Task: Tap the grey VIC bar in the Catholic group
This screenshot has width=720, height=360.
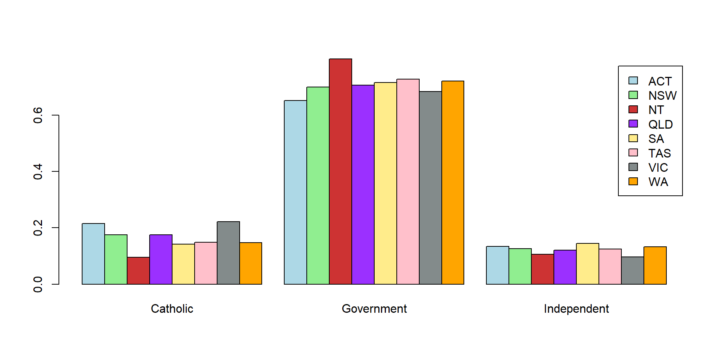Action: click(x=228, y=253)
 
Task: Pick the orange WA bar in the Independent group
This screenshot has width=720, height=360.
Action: click(x=655, y=265)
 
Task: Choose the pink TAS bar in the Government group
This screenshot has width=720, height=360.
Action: click(x=408, y=181)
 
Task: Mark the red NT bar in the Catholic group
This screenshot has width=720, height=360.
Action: click(x=138, y=271)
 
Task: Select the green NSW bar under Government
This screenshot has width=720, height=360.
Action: click(x=318, y=186)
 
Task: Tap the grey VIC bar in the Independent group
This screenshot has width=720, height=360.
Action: click(x=633, y=270)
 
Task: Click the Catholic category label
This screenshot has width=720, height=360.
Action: click(x=172, y=309)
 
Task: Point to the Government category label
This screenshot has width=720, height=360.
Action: click(x=374, y=309)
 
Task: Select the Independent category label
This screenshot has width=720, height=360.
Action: click(x=576, y=309)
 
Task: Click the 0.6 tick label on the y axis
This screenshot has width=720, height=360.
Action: click(x=38, y=115)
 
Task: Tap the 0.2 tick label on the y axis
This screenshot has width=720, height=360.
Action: click(x=38, y=228)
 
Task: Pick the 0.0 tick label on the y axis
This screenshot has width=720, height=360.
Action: click(x=38, y=284)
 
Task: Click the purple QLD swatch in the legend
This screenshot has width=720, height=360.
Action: click(x=633, y=124)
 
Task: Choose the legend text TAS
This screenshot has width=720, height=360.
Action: click(x=660, y=153)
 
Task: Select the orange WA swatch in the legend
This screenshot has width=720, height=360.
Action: click(x=633, y=181)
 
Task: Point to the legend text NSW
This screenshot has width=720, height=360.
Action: click(x=662, y=96)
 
